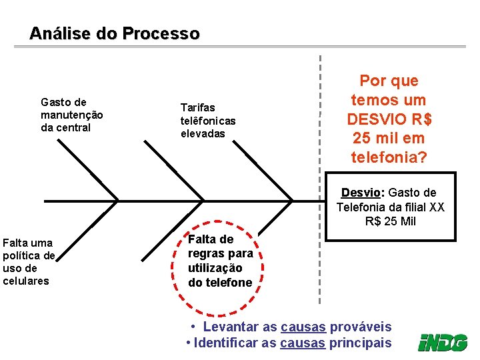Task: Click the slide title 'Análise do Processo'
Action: [114, 33]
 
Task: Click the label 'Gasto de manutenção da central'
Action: [71, 115]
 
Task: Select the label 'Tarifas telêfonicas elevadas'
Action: [208, 120]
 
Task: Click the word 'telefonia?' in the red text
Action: [389, 157]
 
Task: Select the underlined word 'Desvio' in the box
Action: [361, 193]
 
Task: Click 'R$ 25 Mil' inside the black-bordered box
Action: [390, 221]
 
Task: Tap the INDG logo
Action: [443, 343]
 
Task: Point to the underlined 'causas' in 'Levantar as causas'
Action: [303, 327]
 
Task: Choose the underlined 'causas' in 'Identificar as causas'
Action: [303, 343]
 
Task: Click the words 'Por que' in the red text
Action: [389, 81]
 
